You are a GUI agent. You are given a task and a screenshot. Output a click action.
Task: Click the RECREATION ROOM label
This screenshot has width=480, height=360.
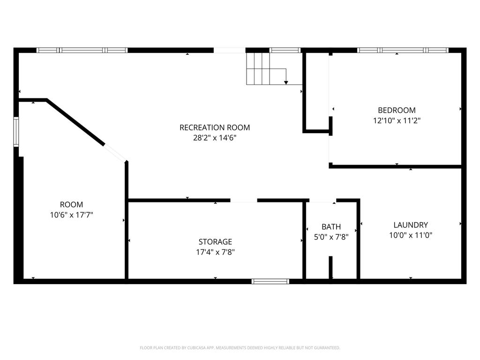point(215,127)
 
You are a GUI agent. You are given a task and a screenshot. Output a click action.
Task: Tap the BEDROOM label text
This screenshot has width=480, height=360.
point(397,110)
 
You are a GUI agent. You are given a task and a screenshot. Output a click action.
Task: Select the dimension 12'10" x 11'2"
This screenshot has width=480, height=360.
point(397,120)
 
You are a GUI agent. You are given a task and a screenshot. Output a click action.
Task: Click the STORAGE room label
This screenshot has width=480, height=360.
point(215,242)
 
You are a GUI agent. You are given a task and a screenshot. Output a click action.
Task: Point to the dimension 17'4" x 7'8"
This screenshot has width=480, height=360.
point(215,252)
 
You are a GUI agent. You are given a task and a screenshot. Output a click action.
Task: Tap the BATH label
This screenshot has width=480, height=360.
point(331,227)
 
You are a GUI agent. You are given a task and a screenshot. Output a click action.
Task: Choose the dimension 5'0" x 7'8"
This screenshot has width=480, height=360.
point(331,237)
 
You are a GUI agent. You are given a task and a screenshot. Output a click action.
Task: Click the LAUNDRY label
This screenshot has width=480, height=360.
point(411,225)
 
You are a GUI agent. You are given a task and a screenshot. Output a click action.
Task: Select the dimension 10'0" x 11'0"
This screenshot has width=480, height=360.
point(411,235)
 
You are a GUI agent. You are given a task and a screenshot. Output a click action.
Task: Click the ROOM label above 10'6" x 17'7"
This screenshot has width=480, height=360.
point(71,204)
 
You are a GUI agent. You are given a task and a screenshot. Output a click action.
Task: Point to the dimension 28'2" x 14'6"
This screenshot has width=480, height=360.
point(215,138)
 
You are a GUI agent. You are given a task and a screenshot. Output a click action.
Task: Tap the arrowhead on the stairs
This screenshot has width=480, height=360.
point(286,82)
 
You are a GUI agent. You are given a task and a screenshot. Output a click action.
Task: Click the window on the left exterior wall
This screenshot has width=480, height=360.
point(16,132)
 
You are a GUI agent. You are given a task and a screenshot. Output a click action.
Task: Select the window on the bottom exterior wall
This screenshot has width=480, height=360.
point(270,281)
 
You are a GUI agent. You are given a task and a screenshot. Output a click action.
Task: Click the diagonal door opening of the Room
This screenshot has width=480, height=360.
point(115,153)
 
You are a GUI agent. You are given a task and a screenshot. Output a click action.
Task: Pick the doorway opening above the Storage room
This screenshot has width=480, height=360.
point(244,201)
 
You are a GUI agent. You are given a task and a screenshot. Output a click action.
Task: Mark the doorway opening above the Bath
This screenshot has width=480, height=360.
point(322,201)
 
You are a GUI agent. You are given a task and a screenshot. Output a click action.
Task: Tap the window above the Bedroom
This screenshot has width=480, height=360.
point(403,50)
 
